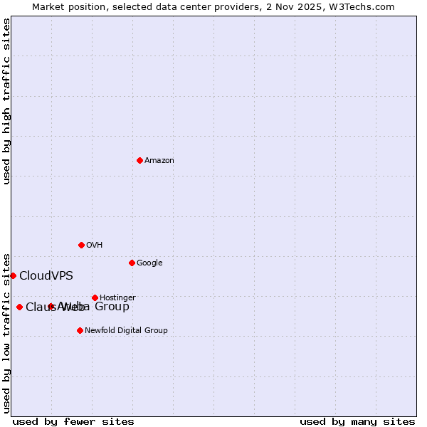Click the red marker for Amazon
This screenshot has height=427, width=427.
click(x=139, y=160)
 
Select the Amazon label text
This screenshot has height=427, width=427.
click(x=159, y=161)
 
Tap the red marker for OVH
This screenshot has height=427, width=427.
click(x=81, y=245)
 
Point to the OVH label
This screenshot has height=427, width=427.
click(x=95, y=246)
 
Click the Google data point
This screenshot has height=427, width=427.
click(x=132, y=263)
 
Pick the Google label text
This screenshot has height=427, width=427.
click(x=149, y=263)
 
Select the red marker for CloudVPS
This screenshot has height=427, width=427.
click(x=13, y=275)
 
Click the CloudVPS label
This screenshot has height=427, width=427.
click(x=46, y=276)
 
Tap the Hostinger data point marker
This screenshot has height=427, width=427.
click(x=95, y=297)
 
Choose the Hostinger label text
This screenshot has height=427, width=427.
click(x=117, y=298)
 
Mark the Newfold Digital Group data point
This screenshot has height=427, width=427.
click(x=80, y=330)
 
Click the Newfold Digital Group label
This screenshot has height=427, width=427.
click(x=126, y=331)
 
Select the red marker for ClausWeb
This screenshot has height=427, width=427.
click(x=19, y=307)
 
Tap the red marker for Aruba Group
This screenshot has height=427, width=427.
click(x=51, y=306)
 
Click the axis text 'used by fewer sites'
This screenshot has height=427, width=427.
click(x=73, y=422)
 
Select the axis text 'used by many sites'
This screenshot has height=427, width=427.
click(x=357, y=422)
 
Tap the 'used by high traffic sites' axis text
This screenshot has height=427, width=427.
click(x=6, y=101)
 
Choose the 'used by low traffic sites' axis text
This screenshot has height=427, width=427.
click(x=6, y=332)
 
